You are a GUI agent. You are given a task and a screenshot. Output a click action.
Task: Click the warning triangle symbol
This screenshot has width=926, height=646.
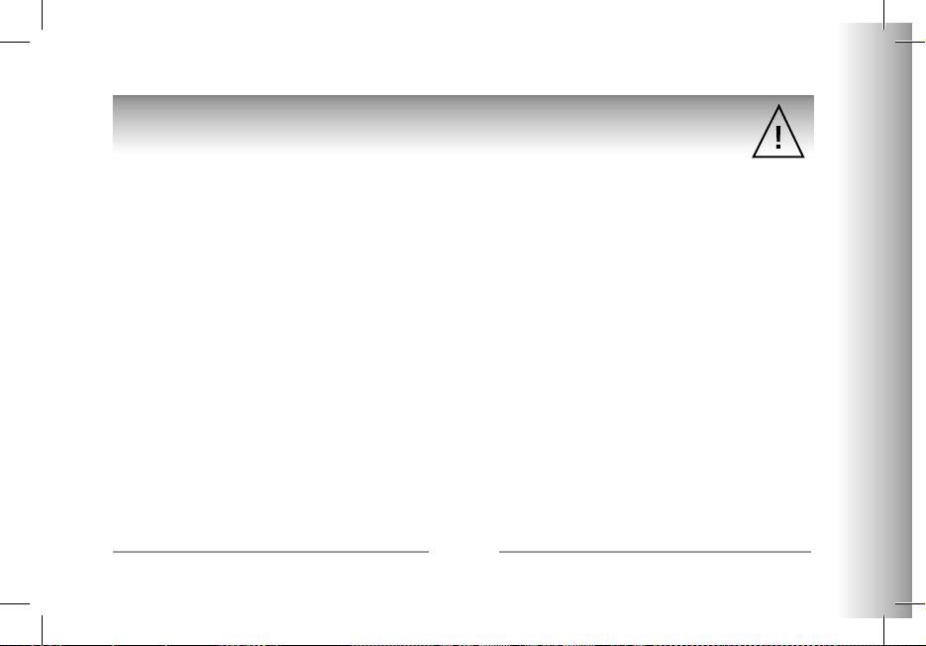(778, 132)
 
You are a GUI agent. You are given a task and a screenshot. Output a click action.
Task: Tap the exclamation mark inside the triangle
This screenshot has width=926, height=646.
(778, 134)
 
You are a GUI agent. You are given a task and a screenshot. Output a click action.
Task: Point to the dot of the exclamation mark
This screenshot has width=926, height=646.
(778, 147)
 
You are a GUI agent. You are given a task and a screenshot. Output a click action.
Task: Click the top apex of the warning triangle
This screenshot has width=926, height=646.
(778, 104)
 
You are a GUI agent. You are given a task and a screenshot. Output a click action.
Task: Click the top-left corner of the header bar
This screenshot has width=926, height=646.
(114, 97)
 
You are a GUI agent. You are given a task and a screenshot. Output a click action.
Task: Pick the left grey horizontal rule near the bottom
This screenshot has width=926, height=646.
(270, 551)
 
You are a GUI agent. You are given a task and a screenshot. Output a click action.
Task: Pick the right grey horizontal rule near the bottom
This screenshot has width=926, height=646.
(655, 551)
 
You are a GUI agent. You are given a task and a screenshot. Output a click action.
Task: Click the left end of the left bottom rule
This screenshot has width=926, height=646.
(115, 551)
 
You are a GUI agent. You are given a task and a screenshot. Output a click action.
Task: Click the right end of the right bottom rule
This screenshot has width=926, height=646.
(810, 551)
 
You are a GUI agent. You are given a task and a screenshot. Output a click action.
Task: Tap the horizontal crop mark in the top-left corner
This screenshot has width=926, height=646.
(14, 42)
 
